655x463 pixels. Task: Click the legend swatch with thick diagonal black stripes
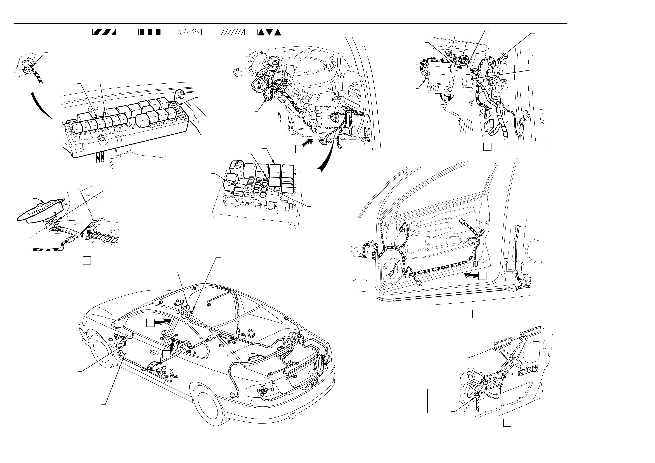coord(104,32)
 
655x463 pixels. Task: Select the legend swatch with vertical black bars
coord(150,32)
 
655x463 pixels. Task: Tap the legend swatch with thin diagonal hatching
coord(233,32)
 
